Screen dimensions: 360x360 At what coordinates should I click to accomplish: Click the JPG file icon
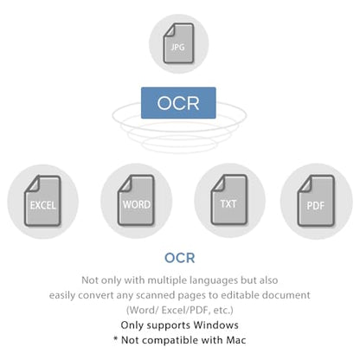pyautogui.click(x=178, y=43)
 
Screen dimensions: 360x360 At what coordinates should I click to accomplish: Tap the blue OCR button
pyautogui.click(x=178, y=103)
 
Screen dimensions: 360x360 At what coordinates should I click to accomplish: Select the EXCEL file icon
pyautogui.click(x=42, y=201)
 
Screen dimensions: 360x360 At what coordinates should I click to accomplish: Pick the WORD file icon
pyautogui.click(x=136, y=200)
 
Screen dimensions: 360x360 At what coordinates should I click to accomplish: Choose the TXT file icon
pyautogui.click(x=229, y=200)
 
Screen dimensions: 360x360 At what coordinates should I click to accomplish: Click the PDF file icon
pyautogui.click(x=316, y=201)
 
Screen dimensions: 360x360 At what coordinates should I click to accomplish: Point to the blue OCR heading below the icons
pyautogui.click(x=180, y=258)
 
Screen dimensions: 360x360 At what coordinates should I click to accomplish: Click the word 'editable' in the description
pyautogui.click(x=237, y=295)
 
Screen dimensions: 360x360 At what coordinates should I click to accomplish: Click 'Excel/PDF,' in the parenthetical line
pyautogui.click(x=186, y=310)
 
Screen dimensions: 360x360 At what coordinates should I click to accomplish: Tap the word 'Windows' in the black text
pyautogui.click(x=215, y=325)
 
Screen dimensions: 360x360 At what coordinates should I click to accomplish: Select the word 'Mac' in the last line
pyautogui.click(x=236, y=340)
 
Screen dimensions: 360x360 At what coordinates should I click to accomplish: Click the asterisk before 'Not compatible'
pyautogui.click(x=115, y=338)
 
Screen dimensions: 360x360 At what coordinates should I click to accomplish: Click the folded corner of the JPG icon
pyautogui.click(x=169, y=29)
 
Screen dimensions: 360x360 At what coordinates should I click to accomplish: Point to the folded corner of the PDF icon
pyautogui.click(x=305, y=183)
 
